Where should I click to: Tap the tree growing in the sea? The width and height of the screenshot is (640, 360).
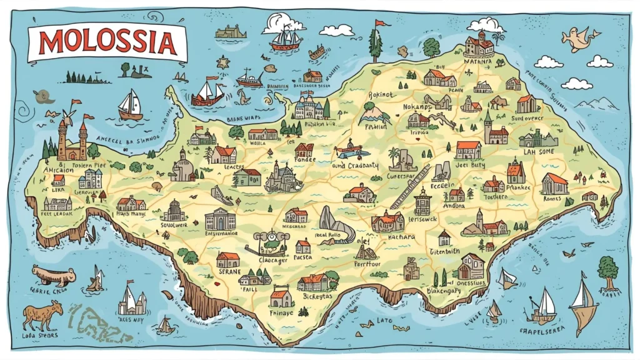tap(607, 271)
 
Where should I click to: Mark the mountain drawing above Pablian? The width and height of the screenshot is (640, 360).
tap(374, 113)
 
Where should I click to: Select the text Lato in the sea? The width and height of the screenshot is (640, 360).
tap(385, 321)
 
